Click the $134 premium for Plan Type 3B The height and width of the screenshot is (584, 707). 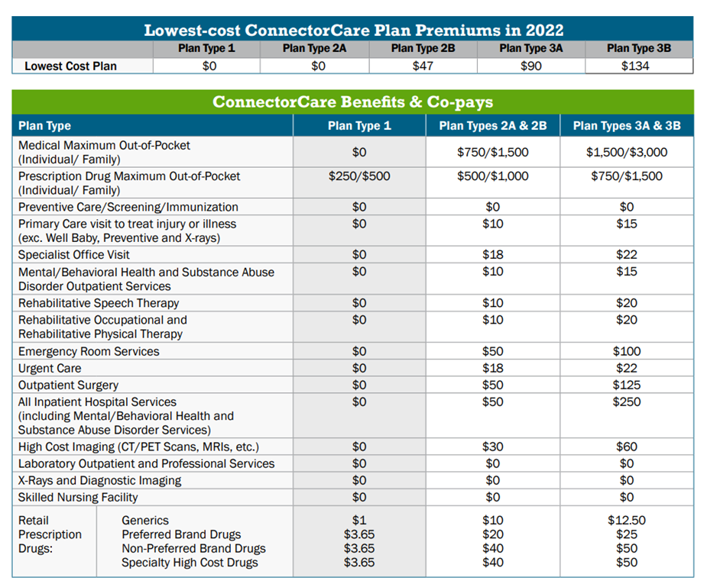(x=635, y=66)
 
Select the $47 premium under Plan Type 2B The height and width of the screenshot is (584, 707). (x=423, y=66)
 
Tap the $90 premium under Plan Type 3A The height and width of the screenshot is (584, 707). (x=531, y=66)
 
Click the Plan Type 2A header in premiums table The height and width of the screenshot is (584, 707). (x=314, y=48)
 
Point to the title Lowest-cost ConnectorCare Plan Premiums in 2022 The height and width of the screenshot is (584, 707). (x=353, y=30)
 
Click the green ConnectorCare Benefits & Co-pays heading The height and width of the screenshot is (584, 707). (x=352, y=102)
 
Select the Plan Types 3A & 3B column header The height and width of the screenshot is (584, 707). (x=627, y=126)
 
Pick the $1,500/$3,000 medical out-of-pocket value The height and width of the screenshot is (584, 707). (x=627, y=152)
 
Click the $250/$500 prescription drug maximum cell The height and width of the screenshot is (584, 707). (x=359, y=176)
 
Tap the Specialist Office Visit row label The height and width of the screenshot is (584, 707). (x=73, y=255)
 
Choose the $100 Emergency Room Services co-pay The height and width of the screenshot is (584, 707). (x=627, y=351)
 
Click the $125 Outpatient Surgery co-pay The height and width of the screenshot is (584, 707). (x=627, y=385)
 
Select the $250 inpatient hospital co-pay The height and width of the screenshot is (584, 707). (x=627, y=402)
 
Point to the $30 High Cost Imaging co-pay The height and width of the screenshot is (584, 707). (x=493, y=447)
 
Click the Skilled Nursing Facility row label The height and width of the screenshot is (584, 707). (x=78, y=497)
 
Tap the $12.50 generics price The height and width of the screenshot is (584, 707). (x=627, y=521)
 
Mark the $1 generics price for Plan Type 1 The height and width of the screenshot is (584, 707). (x=359, y=521)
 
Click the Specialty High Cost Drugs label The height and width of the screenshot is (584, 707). (x=190, y=563)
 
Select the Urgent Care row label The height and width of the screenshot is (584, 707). (x=50, y=368)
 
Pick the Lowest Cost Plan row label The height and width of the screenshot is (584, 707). (x=71, y=66)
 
